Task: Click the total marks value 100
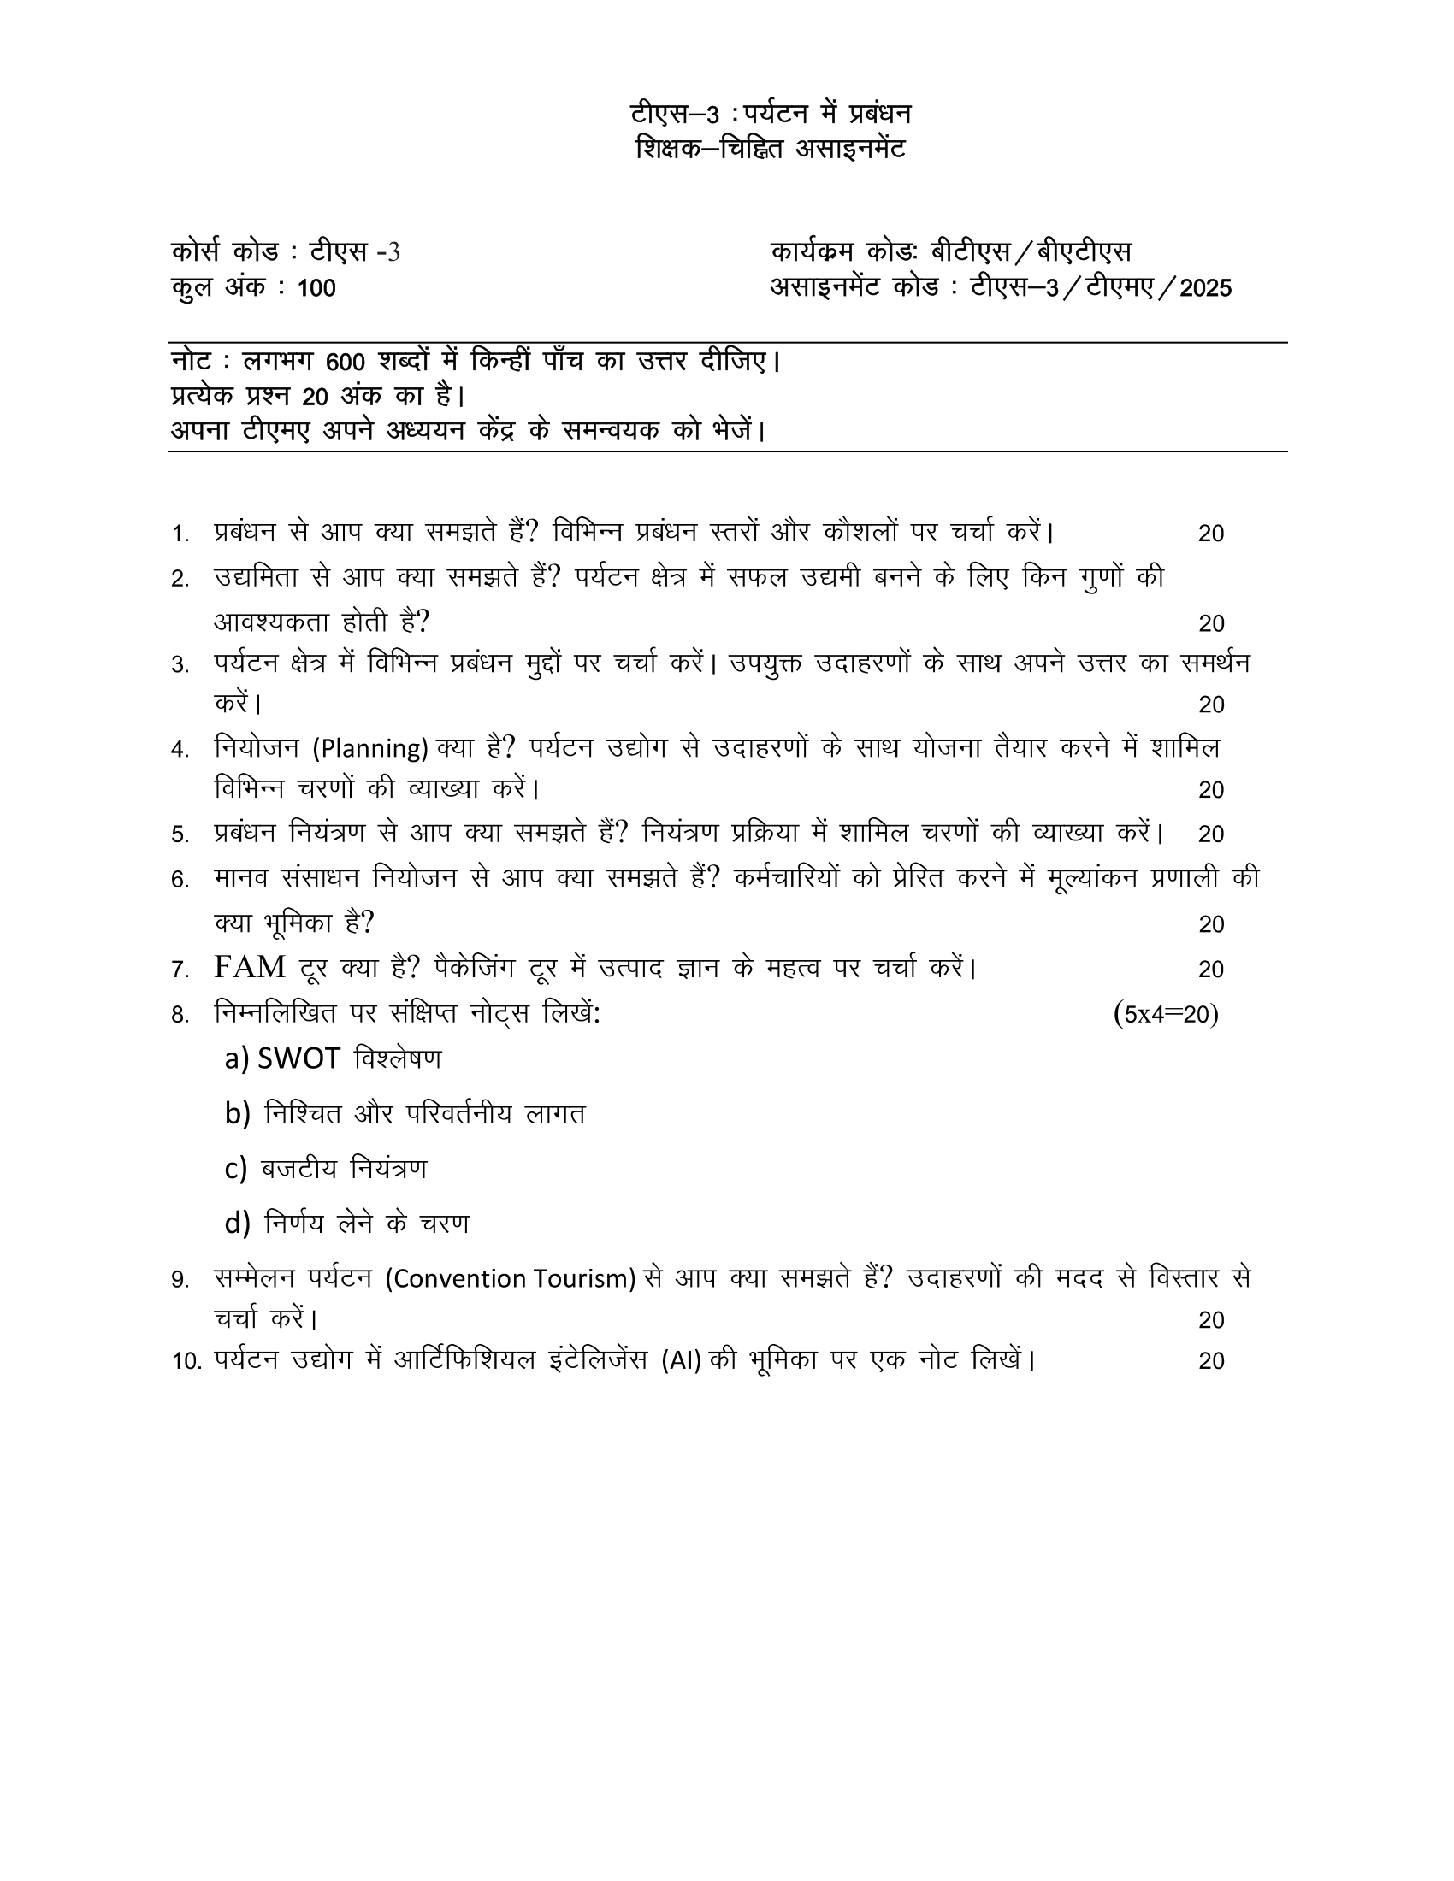[316, 287]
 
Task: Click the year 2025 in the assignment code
[1205, 287]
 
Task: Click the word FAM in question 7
[250, 968]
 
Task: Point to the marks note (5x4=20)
[1166, 1014]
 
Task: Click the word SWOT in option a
[298, 1058]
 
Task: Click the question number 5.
[180, 834]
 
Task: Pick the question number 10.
[186, 1362]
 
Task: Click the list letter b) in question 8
[237, 1113]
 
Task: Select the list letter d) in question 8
[237, 1223]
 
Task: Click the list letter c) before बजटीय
[236, 1169]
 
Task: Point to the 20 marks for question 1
[1210, 534]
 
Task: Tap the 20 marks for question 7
[1210, 970]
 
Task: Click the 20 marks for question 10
[1210, 1362]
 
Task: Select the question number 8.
[180, 1016]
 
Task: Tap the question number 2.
[180, 580]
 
